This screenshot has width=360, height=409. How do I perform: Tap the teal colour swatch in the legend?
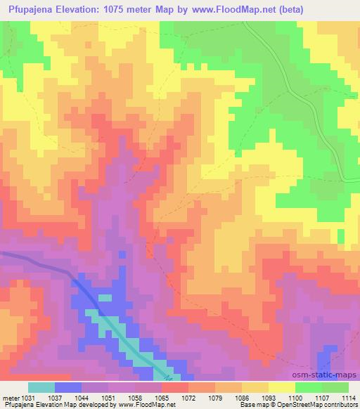[x=41, y=387]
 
